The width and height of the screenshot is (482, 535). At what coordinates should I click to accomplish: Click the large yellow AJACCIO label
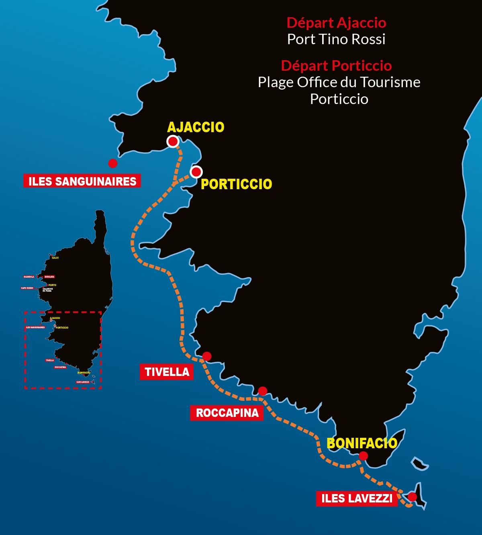pos(196,127)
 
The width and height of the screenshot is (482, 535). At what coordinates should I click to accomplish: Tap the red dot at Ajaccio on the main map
pos(173,141)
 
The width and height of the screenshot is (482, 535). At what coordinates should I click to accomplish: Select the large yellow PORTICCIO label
pos(236,184)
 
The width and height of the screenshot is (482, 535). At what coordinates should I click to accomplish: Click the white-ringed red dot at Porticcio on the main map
pos(196,172)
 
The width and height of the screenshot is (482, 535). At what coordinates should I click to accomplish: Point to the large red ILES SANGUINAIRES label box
pos(82,181)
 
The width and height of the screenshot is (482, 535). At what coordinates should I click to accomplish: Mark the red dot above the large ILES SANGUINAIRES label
pos(113,163)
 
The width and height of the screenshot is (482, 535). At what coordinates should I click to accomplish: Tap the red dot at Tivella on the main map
pos(207,356)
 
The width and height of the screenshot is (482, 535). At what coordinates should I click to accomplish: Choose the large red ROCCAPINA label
pos(227,412)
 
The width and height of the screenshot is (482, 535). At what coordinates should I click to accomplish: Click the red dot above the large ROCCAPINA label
pos(263,391)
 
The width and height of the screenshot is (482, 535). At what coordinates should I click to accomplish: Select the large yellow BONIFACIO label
pos(362,443)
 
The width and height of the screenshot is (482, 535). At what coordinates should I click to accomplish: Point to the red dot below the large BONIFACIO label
pos(363,456)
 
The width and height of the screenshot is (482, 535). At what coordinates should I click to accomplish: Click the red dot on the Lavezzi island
pos(412,497)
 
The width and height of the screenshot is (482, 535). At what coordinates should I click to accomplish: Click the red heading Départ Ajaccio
pos(336,22)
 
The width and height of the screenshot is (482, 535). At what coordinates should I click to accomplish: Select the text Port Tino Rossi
pos(336,39)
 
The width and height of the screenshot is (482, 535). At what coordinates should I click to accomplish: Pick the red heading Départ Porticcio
pos(336,65)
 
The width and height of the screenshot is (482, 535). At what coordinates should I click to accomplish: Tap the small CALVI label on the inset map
pos(55,258)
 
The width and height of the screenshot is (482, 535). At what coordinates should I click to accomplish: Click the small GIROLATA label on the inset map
pos(49,277)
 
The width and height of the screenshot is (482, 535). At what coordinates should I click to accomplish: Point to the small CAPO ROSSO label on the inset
pos(27,288)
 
